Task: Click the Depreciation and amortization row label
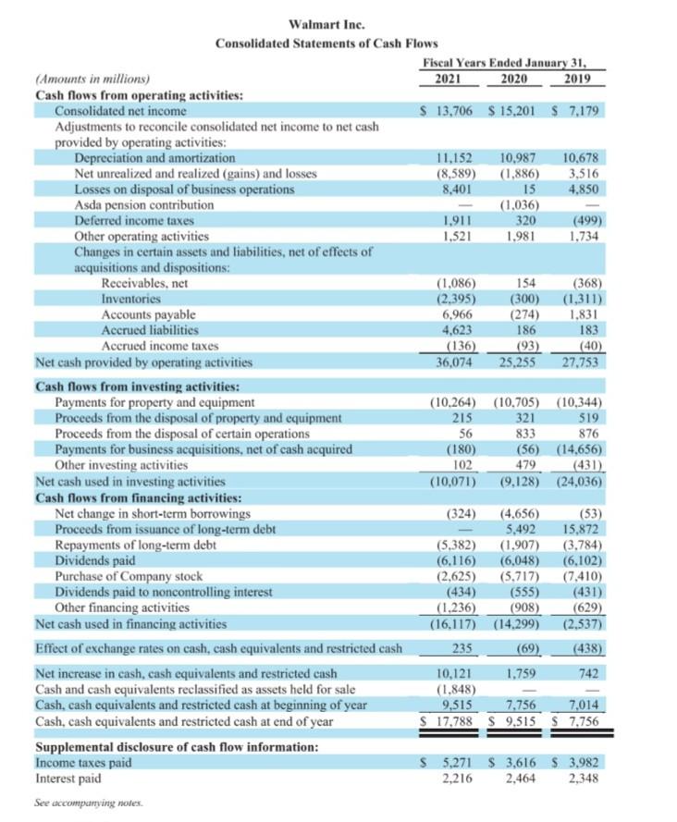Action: point(154,158)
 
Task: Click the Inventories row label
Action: point(130,300)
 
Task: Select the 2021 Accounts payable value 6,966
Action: point(456,315)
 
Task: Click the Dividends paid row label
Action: point(95,560)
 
